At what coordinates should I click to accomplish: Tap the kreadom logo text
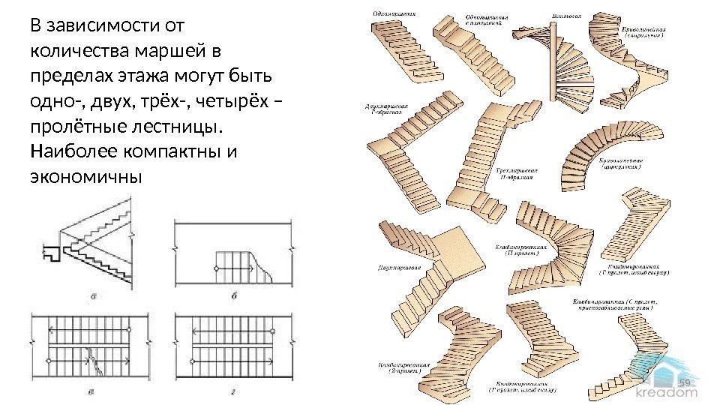(667, 391)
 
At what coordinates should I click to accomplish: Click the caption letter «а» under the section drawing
(93, 294)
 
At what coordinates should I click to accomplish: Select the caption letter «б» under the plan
(233, 295)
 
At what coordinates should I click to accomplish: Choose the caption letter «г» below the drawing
(233, 391)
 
